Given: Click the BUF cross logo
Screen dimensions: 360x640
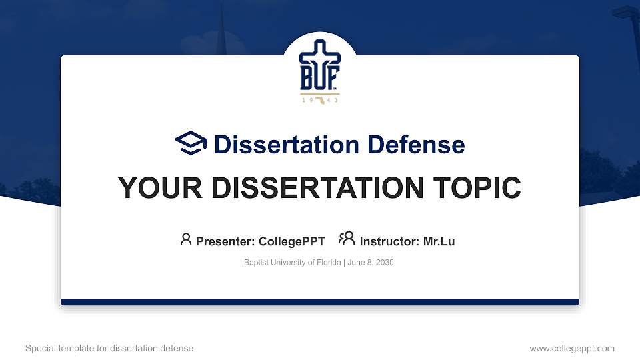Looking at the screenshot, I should (x=320, y=66).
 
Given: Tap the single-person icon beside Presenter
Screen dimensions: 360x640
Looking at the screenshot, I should (x=186, y=239).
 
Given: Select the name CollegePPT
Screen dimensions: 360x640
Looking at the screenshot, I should (x=292, y=241).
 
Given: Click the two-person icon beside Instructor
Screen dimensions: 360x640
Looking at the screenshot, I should (x=347, y=239).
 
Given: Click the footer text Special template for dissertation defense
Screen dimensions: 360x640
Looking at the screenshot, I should (x=109, y=348).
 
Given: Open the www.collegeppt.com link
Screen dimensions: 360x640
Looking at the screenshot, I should (x=572, y=348).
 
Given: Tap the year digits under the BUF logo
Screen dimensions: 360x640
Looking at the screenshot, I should (x=320, y=100).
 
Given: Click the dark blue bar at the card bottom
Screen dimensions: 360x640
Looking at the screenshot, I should (x=320, y=302).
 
